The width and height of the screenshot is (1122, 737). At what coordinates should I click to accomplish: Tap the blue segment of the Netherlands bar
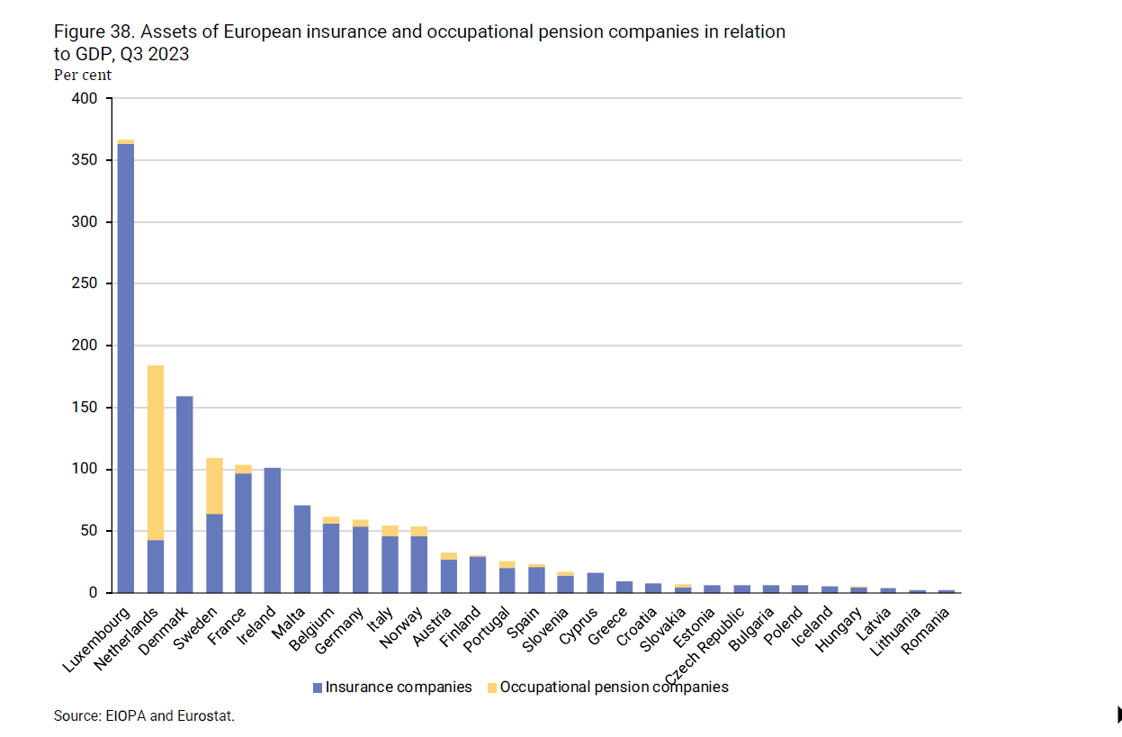[155, 566]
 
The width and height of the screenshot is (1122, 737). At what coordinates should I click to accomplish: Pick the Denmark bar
[184, 494]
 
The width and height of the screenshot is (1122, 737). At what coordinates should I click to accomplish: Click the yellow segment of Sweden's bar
[214, 486]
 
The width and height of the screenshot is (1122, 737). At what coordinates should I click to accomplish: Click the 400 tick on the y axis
[85, 98]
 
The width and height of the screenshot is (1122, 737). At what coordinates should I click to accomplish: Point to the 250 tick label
[85, 283]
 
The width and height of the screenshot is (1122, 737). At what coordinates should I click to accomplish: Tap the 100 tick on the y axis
[85, 470]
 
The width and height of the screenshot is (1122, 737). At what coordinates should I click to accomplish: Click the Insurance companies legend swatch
[317, 688]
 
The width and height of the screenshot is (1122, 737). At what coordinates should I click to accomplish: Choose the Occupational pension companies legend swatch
[491, 688]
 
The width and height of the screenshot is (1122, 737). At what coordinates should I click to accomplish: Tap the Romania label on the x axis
[927, 632]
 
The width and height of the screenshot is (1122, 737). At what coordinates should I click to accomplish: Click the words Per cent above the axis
[83, 76]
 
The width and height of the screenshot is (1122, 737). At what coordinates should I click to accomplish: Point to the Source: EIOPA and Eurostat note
[144, 716]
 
